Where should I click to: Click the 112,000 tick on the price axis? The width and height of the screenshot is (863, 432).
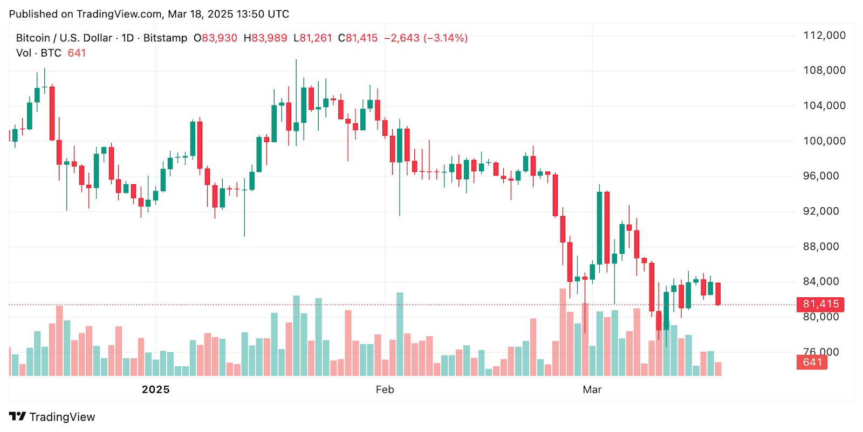coord(824,36)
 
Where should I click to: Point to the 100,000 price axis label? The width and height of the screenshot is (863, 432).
coord(824,141)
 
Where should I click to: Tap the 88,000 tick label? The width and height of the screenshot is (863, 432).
coord(821,247)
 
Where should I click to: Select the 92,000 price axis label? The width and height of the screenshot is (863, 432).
coord(821,211)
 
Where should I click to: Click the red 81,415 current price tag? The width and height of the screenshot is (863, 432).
coord(820,304)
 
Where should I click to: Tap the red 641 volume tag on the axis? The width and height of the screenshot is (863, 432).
coord(812,363)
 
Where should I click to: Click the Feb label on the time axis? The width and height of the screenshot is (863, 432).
coord(385,389)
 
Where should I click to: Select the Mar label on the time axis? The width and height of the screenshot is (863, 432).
coord(592,389)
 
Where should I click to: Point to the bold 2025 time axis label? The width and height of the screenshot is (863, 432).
coord(155,389)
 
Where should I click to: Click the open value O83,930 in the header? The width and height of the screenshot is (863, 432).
coord(215,38)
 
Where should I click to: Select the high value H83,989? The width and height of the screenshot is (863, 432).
coord(265,38)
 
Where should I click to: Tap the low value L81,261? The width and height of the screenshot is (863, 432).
coord(313,38)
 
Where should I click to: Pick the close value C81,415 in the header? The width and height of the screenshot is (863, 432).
coord(358,38)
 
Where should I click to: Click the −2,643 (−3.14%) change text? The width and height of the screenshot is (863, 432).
coord(426,38)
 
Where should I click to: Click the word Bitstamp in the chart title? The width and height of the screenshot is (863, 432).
coord(165,38)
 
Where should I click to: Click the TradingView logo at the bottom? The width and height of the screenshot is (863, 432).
coord(52,417)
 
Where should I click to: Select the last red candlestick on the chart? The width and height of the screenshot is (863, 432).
coord(718,294)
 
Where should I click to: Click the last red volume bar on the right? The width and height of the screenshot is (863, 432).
coord(718,369)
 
